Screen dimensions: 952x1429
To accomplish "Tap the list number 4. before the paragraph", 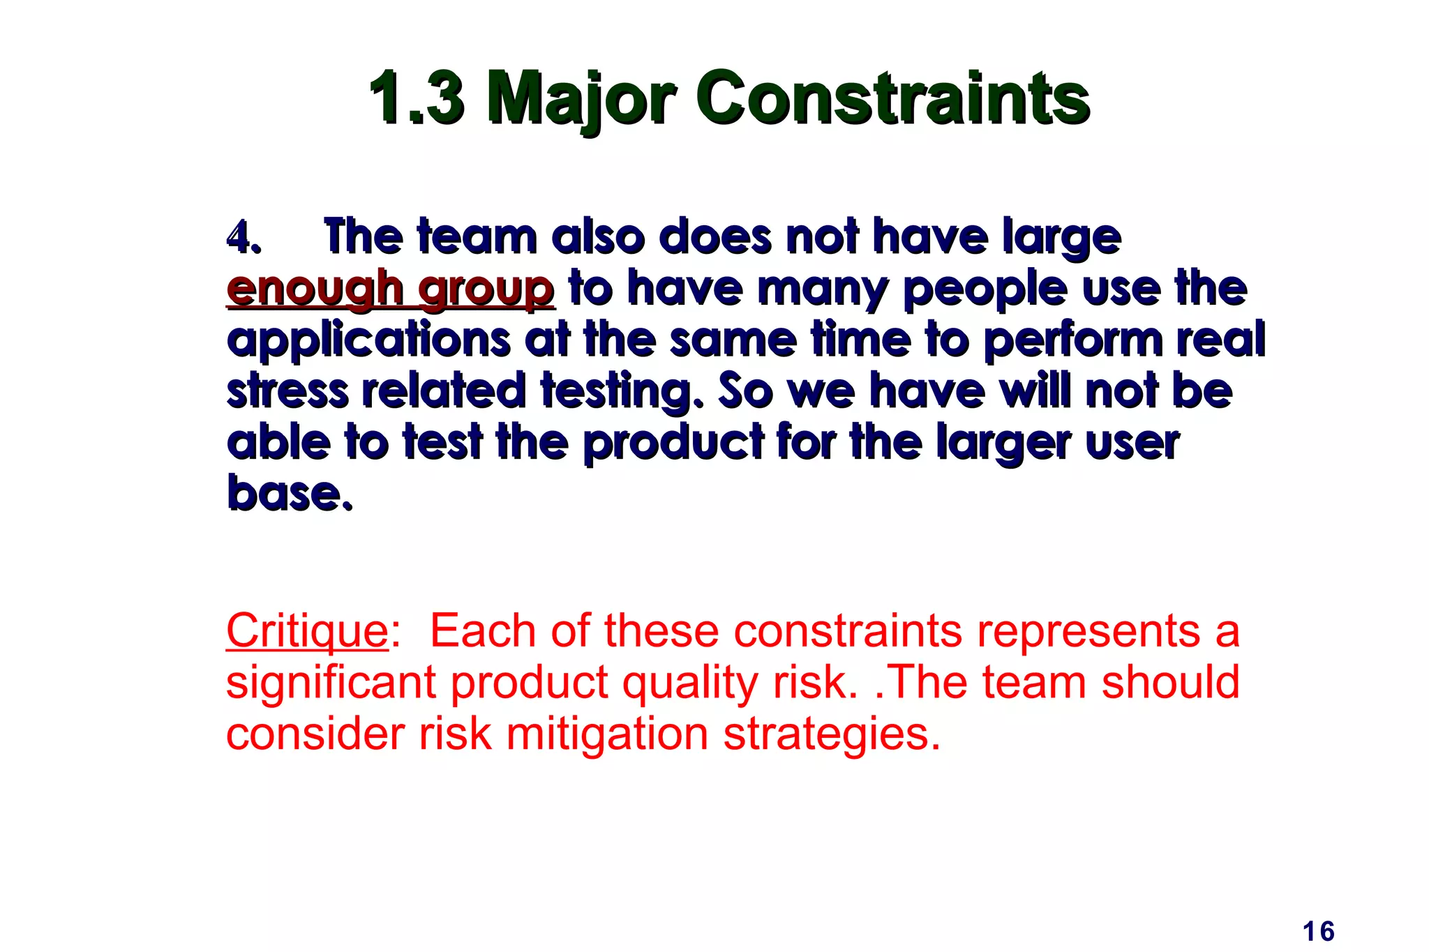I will tap(244, 238).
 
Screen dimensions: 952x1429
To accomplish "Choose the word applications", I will tap(368, 340).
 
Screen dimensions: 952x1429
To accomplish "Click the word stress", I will tap(287, 391).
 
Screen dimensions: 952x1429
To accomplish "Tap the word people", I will tap(985, 289).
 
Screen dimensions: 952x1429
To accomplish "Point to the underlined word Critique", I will tap(307, 631).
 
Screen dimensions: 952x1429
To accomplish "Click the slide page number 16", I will tap(1318, 932).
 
